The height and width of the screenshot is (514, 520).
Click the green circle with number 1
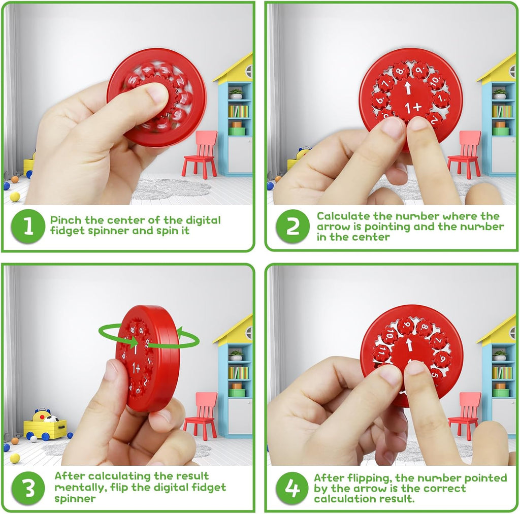pyautogui.click(x=28, y=226)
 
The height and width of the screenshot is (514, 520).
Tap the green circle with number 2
pyautogui.click(x=292, y=226)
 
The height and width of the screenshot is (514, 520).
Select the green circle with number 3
pyautogui.click(x=28, y=488)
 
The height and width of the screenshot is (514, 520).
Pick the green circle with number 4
pyautogui.click(x=292, y=488)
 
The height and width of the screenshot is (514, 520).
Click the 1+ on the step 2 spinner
pyautogui.click(x=413, y=107)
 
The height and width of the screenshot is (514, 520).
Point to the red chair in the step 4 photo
pyautogui.click(x=464, y=414)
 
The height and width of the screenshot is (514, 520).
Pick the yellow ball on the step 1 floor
pyautogui.click(x=15, y=197)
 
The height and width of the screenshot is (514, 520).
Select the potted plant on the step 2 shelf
pyautogui.click(x=500, y=94)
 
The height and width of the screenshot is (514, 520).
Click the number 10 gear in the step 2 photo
pyautogui.click(x=435, y=81)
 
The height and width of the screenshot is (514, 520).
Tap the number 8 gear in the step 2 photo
pyautogui.click(x=401, y=71)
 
